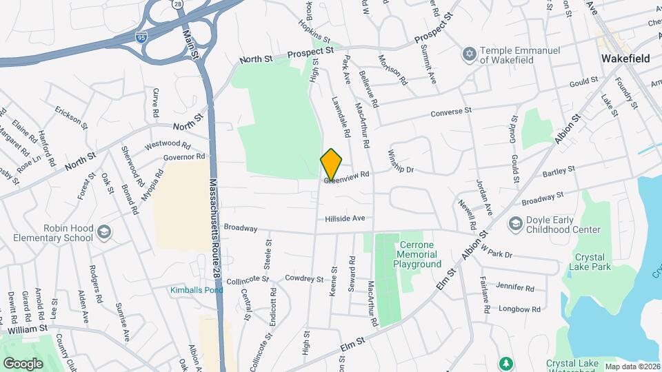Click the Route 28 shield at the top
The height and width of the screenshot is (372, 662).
[177, 5]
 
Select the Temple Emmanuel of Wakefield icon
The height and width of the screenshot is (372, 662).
[470, 54]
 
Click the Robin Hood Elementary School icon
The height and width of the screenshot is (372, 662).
[104, 232]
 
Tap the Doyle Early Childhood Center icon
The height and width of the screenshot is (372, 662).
[514, 224]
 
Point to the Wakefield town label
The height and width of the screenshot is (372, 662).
[625, 59]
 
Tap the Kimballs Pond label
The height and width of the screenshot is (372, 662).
[197, 290]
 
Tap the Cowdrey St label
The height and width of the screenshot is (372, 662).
[305, 278]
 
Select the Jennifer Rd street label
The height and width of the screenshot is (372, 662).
[515, 287]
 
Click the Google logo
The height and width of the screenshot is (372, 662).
[23, 363]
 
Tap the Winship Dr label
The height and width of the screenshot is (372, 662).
[401, 161]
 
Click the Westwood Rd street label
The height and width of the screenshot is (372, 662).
[167, 145]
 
